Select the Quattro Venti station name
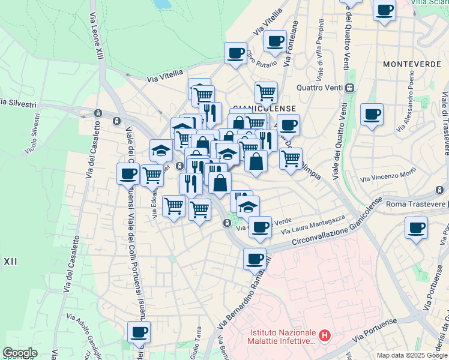(321, 88)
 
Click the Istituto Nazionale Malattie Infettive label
(282, 337)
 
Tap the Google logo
(20, 353)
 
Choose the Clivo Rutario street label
(261, 59)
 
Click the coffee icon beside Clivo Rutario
(235, 52)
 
